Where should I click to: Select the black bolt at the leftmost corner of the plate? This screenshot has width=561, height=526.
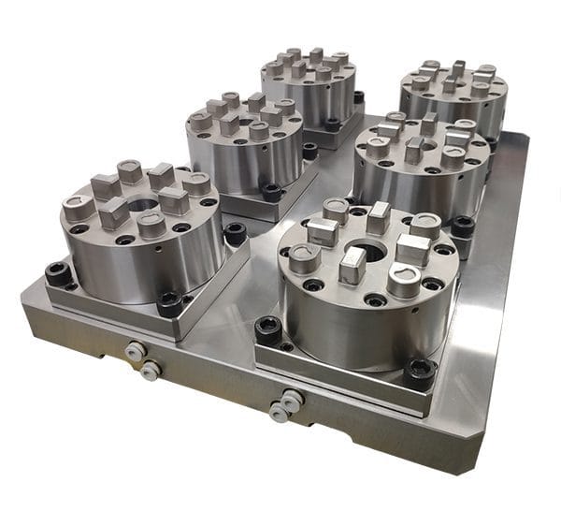(58, 273)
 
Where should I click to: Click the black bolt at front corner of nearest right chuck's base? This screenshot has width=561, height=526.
(419, 373)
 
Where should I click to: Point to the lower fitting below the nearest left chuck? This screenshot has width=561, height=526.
(149, 371)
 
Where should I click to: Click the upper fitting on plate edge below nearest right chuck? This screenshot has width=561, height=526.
(291, 398)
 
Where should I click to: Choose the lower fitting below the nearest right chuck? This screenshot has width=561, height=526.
(279, 412)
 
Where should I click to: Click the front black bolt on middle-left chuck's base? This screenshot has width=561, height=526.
(272, 192)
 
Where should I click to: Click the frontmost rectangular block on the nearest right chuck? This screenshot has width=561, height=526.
(352, 265)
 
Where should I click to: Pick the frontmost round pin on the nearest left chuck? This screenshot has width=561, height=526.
(151, 225)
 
